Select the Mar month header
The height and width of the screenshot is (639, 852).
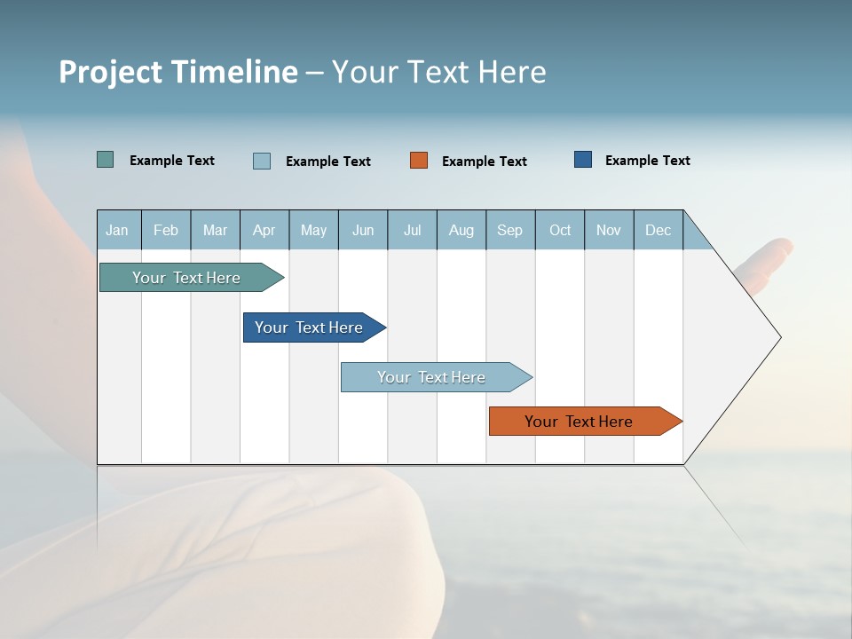click(215, 230)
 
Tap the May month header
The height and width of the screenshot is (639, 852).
click(313, 230)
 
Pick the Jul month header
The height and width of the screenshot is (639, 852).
click(412, 230)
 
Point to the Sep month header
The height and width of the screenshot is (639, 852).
click(510, 230)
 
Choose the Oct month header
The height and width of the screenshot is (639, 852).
click(560, 230)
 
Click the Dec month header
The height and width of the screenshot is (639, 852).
click(659, 230)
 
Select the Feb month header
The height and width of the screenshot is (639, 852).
click(166, 230)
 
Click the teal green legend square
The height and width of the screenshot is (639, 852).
click(106, 160)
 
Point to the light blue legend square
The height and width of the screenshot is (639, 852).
click(262, 161)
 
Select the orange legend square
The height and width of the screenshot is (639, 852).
click(419, 160)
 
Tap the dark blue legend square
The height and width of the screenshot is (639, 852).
click(583, 160)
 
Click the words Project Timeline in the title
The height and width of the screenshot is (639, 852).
click(178, 72)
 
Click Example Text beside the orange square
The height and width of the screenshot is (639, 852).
click(485, 161)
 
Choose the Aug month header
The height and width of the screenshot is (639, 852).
click(461, 230)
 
